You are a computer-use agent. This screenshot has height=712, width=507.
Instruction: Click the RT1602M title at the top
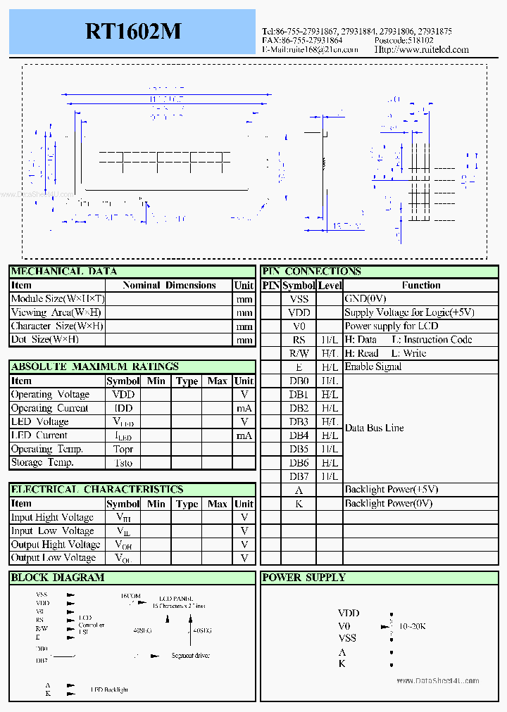click(x=133, y=32)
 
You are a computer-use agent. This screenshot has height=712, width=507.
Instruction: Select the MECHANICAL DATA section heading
click(x=64, y=272)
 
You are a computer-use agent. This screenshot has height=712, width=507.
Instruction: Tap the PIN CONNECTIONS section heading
click(x=311, y=272)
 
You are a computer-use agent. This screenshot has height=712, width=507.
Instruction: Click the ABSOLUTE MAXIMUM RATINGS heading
click(x=95, y=367)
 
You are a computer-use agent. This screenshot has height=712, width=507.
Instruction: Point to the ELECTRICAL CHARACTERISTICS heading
click(x=97, y=490)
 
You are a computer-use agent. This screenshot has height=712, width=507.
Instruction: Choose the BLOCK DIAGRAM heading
click(x=58, y=578)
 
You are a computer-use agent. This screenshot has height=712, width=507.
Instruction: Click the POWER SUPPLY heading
click(x=303, y=578)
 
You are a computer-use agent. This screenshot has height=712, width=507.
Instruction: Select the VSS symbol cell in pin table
click(x=299, y=299)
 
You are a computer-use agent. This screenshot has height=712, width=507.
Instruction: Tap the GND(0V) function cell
click(x=365, y=299)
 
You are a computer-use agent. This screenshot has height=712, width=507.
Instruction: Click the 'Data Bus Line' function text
click(x=374, y=428)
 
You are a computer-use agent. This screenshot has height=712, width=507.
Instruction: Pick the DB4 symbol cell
click(x=299, y=436)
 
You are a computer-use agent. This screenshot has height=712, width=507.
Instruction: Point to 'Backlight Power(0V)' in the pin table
click(x=389, y=504)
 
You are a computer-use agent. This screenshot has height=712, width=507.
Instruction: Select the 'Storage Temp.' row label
click(x=42, y=463)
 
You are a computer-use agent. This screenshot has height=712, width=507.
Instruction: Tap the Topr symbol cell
click(x=123, y=450)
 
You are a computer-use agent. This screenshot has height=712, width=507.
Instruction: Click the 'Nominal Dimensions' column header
click(x=169, y=286)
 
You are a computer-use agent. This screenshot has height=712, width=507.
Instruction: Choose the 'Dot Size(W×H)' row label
click(x=45, y=340)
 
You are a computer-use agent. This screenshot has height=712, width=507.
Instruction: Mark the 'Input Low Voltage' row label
click(x=52, y=531)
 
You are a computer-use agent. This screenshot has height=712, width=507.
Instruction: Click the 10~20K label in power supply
click(x=413, y=625)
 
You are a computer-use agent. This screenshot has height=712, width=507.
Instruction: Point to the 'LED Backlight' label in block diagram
click(x=109, y=690)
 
